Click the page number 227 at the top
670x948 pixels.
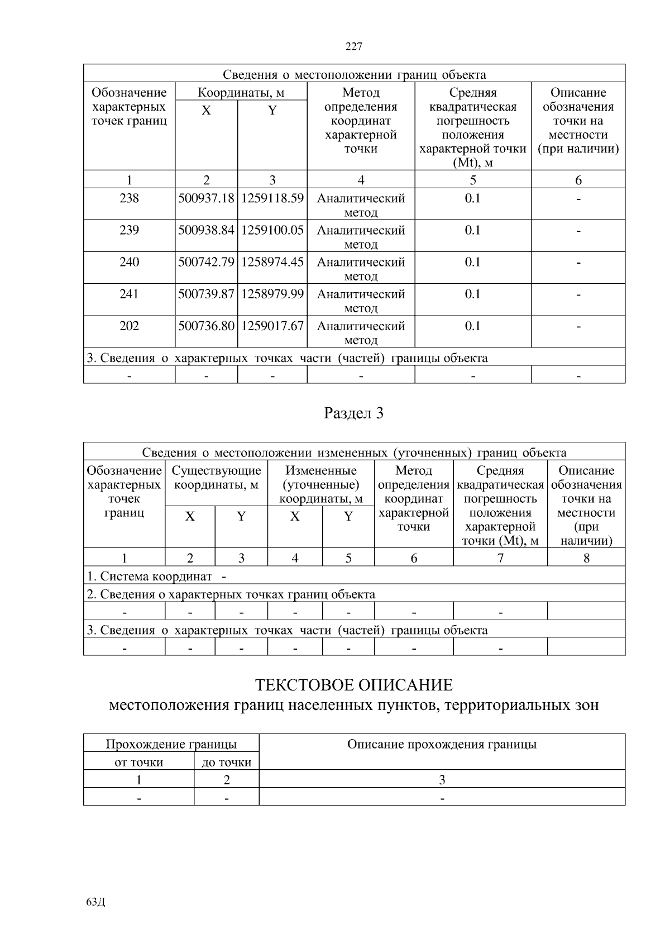(354, 47)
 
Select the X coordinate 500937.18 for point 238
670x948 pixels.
(206, 198)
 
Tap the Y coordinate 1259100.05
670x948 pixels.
(272, 230)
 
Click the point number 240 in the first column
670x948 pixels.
(129, 262)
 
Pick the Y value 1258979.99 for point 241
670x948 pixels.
(272, 294)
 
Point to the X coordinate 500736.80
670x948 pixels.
(206, 326)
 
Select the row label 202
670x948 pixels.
(129, 326)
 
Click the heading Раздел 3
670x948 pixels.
(354, 413)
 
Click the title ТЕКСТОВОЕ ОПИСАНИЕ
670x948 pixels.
(354, 685)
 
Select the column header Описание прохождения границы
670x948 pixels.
(442, 744)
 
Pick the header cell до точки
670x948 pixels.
(226, 762)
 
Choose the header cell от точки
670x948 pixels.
(138, 762)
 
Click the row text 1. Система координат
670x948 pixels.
(150, 576)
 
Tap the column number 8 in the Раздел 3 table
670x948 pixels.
(586, 558)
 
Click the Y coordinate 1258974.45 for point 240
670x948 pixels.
(272, 262)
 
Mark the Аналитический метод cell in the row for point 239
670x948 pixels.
(361, 236)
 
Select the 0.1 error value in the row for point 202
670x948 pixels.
(472, 326)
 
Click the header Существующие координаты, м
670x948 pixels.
(216, 478)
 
